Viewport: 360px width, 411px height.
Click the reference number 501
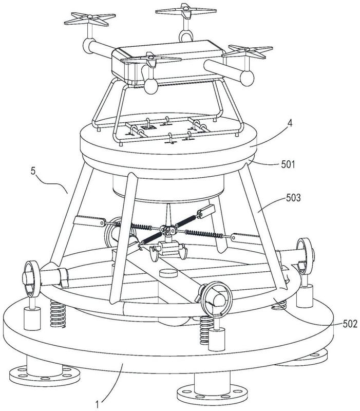pyautogui.click(x=288, y=164)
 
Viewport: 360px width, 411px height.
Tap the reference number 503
pyautogui.click(x=293, y=198)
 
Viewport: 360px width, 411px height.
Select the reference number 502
pyautogui.click(x=350, y=324)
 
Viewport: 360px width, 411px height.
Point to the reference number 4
pyautogui.click(x=290, y=123)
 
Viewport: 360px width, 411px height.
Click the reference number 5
pyautogui.click(x=33, y=171)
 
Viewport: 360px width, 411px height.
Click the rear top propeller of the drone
pyautogui.click(x=186, y=10)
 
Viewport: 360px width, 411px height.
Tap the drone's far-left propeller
pyautogui.click(x=90, y=19)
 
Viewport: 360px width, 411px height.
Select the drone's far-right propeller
pyautogui.click(x=248, y=51)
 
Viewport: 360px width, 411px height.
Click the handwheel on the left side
pyautogui.click(x=32, y=278)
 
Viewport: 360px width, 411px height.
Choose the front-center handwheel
pyautogui.click(x=217, y=297)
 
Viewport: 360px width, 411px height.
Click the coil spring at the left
pyautogui.click(x=58, y=314)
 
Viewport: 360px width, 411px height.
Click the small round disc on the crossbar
pyautogui.click(x=168, y=273)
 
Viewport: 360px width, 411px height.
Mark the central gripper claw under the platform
pyautogui.click(x=168, y=249)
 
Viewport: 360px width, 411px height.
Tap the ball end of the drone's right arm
pyautogui.click(x=247, y=78)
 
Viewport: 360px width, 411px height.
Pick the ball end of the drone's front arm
pyautogui.click(x=151, y=86)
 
